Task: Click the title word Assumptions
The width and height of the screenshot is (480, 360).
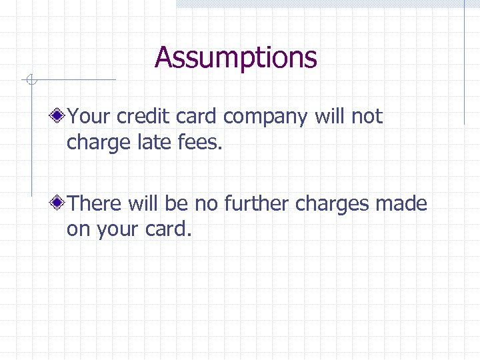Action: coord(236,57)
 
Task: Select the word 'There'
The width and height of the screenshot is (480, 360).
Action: coord(93,203)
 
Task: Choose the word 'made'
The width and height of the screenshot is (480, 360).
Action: coord(401,203)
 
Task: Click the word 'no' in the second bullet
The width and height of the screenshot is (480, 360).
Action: coord(207,203)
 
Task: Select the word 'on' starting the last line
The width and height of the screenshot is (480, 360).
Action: coord(79,230)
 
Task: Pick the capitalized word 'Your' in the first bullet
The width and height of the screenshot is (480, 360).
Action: coord(89,117)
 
